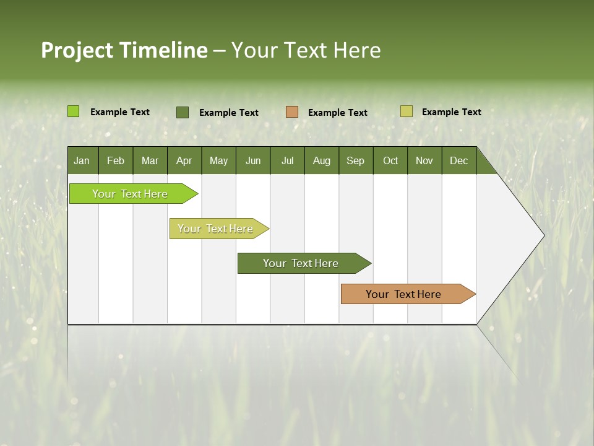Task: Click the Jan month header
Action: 82,160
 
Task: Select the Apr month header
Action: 184,160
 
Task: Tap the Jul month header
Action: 287,160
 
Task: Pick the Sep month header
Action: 356,160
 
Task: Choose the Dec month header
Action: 458,160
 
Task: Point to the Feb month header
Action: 116,160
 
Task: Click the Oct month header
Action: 390,160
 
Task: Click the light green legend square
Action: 73,111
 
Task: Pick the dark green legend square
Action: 182,112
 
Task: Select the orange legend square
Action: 291,112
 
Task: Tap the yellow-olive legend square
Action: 406,111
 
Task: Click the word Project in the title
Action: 77,50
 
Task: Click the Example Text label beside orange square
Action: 337,113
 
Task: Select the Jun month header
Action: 253,160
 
